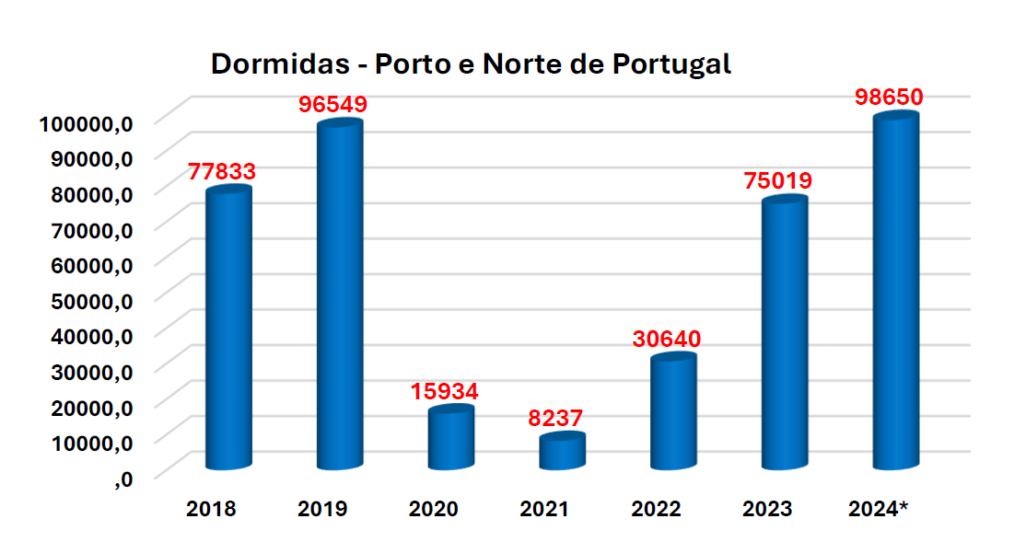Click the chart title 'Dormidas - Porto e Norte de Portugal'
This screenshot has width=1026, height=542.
point(471,64)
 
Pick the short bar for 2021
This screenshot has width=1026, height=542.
point(562,452)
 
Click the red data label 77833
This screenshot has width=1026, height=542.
point(222,172)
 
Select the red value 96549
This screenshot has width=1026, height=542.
point(332,105)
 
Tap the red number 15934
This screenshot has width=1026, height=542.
point(444,392)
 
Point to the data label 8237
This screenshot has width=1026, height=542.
point(555,418)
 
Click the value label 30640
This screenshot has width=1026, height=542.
point(667,339)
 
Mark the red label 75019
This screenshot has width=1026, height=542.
point(778,181)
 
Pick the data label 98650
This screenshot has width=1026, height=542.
point(889,98)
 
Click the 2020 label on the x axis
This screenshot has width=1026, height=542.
point(433,509)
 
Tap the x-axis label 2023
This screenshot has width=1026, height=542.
point(767,509)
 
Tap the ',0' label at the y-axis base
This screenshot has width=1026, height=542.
point(123,478)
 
